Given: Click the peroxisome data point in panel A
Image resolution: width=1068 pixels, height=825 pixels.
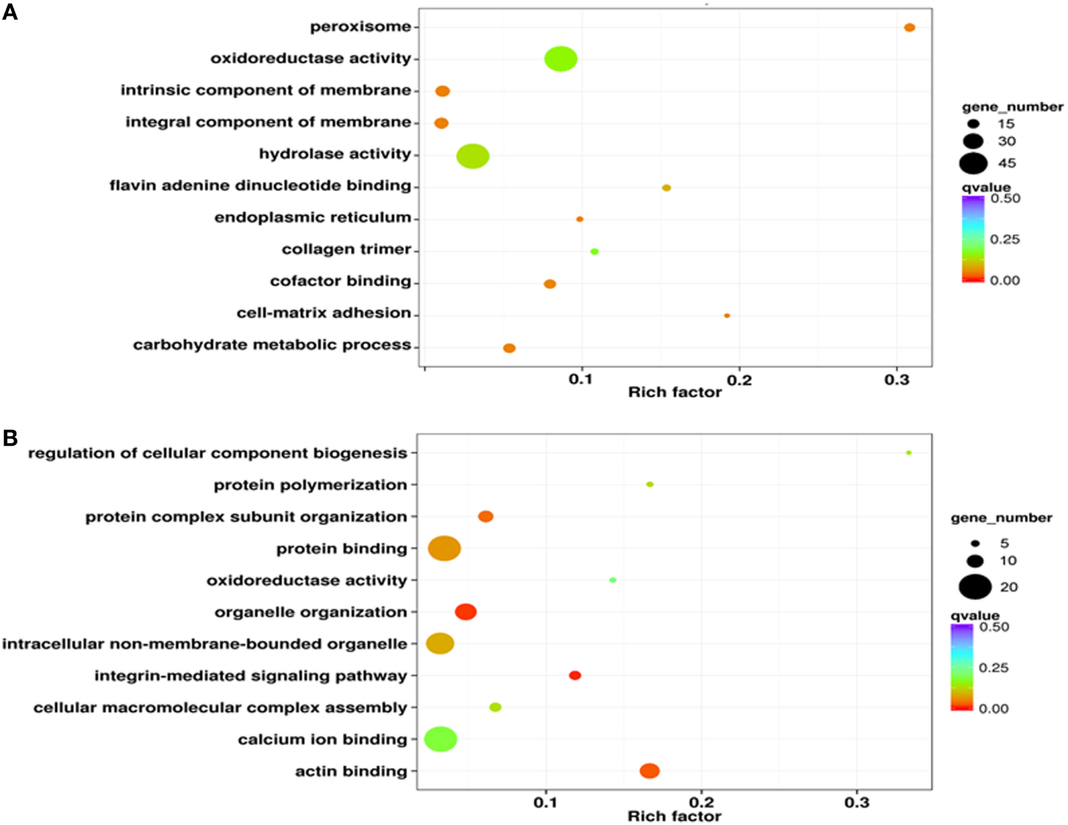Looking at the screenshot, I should [x=909, y=28].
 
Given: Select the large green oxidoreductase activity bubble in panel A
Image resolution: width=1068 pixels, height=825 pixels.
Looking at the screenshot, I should [x=561, y=59].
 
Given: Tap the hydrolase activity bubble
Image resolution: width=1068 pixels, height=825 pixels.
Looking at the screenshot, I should [x=472, y=156].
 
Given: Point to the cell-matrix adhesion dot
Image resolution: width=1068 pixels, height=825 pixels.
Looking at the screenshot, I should [x=727, y=316].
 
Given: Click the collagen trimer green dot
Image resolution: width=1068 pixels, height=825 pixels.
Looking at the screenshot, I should [x=594, y=251].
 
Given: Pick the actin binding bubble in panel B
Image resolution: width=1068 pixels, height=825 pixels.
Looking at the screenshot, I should [x=649, y=771].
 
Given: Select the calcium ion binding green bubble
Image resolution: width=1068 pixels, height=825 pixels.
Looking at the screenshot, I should [x=441, y=739].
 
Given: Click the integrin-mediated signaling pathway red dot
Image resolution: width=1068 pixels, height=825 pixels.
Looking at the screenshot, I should [x=574, y=675].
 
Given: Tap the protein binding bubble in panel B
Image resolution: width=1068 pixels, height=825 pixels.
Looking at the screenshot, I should [x=445, y=548].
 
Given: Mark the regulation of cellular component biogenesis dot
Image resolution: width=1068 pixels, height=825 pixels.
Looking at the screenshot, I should [x=908, y=453].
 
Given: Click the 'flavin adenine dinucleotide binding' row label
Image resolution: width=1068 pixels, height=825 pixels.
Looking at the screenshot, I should [x=260, y=186].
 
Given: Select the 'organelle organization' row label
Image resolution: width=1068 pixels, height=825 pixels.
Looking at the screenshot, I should [x=311, y=612].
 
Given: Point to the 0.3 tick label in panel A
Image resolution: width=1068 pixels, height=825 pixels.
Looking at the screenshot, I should [x=897, y=380].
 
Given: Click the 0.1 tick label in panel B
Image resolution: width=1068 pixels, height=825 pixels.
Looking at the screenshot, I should [x=545, y=803].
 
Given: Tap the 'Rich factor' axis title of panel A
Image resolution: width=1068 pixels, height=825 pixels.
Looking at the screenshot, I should [x=674, y=392].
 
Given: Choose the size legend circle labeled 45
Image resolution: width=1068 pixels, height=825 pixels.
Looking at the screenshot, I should [x=974, y=164].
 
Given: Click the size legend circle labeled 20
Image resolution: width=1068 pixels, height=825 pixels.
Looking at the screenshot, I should [x=976, y=586].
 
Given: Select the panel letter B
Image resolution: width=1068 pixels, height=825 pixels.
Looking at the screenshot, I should [x=10, y=438].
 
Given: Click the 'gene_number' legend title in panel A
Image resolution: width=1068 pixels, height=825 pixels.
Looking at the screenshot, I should [x=1012, y=107].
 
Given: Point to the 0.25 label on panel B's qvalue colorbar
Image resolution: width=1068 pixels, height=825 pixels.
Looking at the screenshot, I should [x=993, y=668].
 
